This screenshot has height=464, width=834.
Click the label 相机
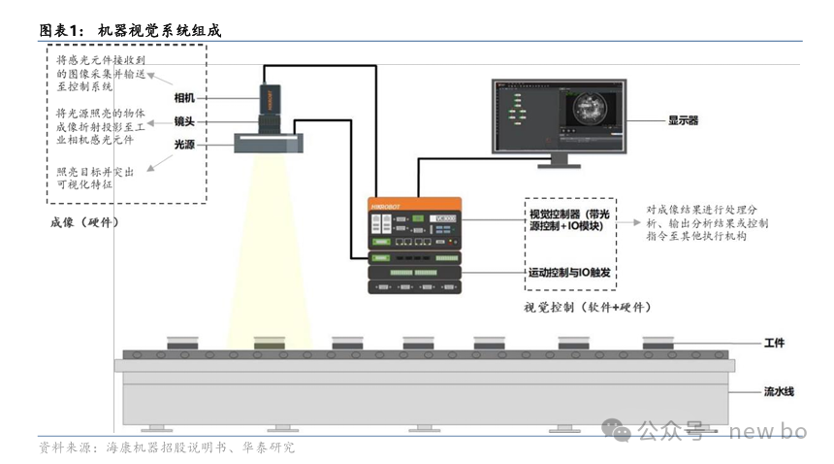(x=184, y=98)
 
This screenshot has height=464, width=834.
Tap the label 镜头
(x=184, y=121)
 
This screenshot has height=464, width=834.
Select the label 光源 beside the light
(x=184, y=144)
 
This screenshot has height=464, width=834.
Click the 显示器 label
(x=683, y=120)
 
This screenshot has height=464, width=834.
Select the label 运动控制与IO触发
(x=570, y=274)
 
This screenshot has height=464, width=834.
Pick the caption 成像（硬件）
(x=84, y=222)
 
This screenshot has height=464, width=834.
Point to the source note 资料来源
(x=166, y=447)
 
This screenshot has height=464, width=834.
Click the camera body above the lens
(x=269, y=97)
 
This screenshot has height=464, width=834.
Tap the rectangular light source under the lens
(x=268, y=144)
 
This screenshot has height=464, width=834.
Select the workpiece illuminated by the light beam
(x=269, y=343)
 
